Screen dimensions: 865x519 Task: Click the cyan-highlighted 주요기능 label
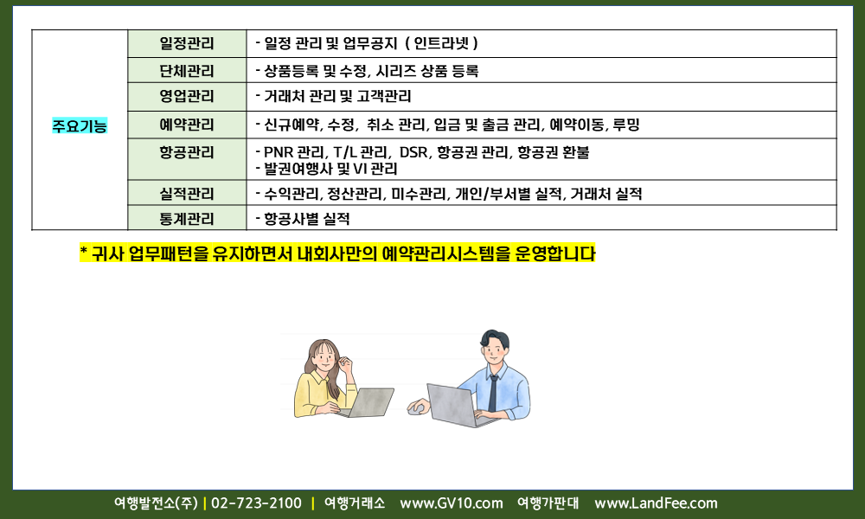80,125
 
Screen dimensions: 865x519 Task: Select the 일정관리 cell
187,43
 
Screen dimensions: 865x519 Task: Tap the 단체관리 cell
187,71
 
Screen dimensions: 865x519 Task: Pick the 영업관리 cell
187,97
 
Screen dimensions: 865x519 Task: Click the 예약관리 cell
187,125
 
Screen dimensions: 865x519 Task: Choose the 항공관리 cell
187,159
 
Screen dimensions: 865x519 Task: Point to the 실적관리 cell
187,193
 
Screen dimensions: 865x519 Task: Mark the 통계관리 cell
187,218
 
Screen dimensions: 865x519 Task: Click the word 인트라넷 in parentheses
441,43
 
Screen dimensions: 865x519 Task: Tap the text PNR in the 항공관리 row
278,152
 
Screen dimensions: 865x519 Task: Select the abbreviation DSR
413,152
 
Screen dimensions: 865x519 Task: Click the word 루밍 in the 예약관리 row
626,125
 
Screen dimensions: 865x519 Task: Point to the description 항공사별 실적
307,219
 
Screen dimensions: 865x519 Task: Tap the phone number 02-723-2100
257,503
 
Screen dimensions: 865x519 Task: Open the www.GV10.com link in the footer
452,503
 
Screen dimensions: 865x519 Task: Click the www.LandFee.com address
656,503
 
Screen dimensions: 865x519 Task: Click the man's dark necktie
493,393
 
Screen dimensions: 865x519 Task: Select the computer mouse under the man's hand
417,408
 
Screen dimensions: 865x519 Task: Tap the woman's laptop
368,402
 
